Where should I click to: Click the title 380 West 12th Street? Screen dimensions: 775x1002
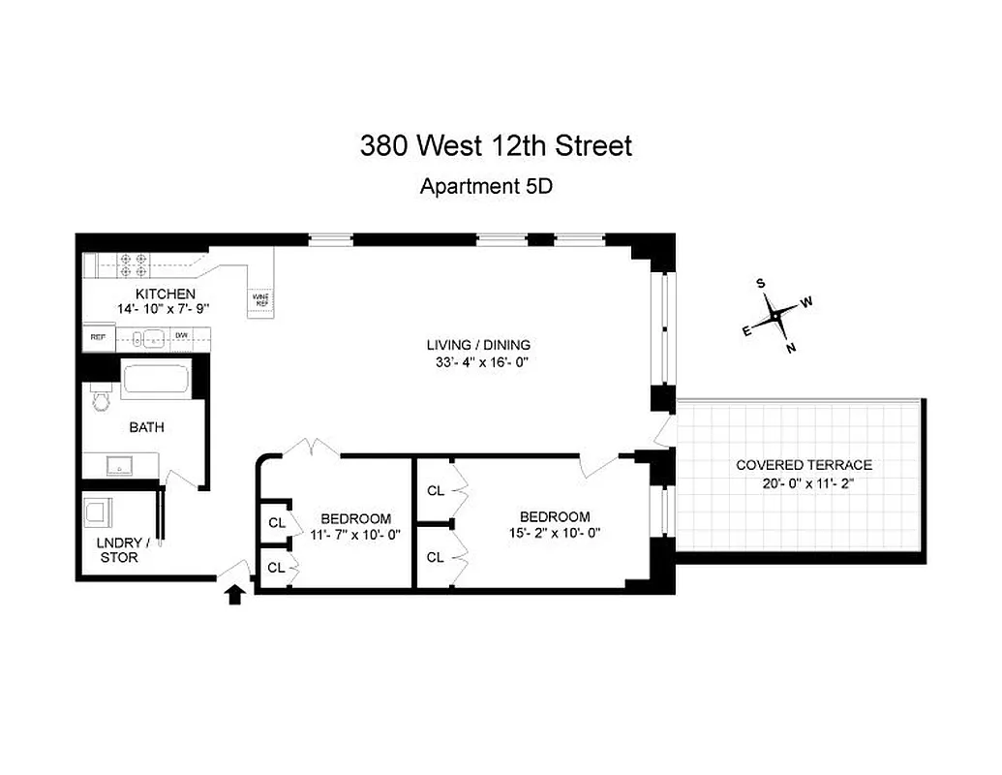[x=496, y=145]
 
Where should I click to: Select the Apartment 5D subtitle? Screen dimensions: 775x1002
[x=486, y=186]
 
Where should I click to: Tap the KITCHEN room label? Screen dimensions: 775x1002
[x=165, y=294]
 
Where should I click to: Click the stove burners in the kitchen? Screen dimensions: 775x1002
[x=132, y=264]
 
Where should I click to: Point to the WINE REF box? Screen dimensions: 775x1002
[x=260, y=299]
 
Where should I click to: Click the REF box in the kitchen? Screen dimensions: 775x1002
[x=97, y=337]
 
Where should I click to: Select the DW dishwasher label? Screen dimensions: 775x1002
[x=181, y=336]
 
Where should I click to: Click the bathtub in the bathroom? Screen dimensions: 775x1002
[x=155, y=377]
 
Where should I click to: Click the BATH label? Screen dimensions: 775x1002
[x=147, y=426]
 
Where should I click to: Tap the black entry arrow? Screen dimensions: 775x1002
[x=233, y=594]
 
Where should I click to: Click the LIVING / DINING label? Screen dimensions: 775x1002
[x=479, y=345]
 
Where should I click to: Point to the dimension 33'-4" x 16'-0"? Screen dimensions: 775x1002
[x=479, y=363]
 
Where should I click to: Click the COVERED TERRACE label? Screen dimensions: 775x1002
[x=804, y=465]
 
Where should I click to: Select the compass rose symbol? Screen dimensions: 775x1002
[x=775, y=315]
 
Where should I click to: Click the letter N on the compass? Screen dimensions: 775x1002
[x=791, y=348]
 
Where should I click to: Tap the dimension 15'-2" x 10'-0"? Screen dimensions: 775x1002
[x=555, y=533]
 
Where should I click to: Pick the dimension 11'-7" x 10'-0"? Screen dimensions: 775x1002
[x=355, y=534]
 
